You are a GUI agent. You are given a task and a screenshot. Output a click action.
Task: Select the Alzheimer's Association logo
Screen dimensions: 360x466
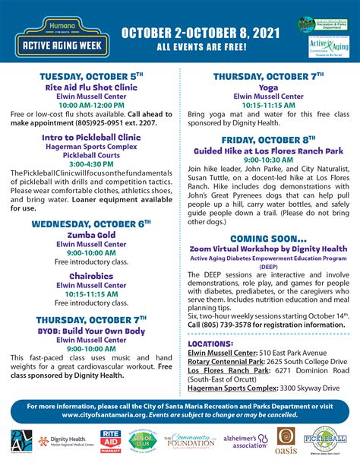[x=243, y=442]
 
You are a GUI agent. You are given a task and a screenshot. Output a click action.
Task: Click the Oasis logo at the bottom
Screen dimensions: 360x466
[x=286, y=441]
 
